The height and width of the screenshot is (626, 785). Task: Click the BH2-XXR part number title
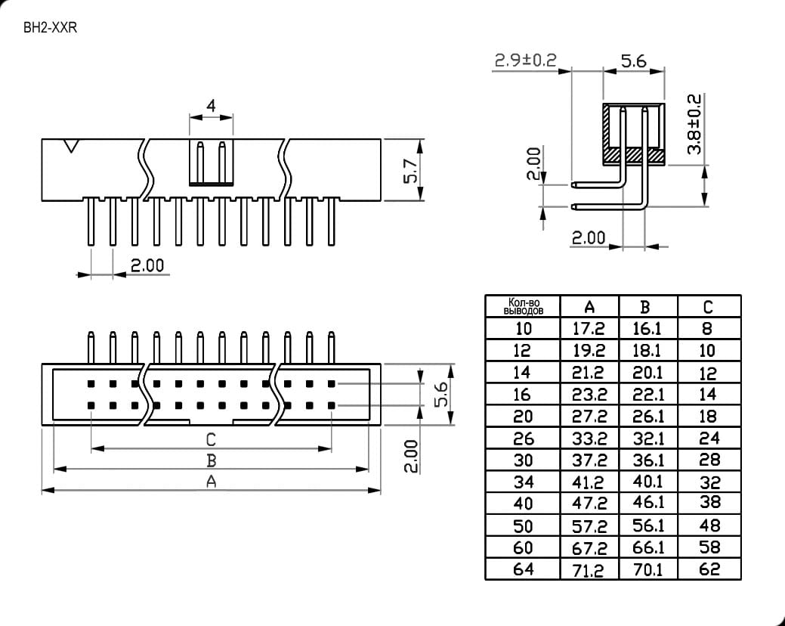(50, 27)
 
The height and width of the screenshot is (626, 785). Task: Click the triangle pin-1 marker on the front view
(71, 146)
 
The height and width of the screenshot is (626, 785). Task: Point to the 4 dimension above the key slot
(212, 106)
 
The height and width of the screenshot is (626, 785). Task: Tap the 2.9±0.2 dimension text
(525, 60)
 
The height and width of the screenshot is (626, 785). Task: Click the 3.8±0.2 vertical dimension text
(694, 124)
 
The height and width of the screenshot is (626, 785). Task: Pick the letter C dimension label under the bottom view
(211, 440)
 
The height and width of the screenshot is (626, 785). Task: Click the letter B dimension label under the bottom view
(212, 460)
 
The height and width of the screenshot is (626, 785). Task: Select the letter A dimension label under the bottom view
(212, 482)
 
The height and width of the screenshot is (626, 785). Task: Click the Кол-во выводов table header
(523, 306)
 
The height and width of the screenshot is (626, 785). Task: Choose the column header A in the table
(589, 307)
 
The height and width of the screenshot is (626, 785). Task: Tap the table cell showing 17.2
(589, 329)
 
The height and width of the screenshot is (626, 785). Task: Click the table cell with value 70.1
(647, 569)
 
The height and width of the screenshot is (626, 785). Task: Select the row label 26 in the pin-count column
(523, 439)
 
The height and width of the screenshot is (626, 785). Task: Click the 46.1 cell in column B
(647, 502)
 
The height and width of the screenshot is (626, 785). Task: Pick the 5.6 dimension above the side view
(634, 61)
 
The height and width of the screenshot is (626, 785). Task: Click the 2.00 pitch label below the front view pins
(147, 265)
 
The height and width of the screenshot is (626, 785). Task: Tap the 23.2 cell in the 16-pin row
(589, 395)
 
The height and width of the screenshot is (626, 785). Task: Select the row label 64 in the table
(523, 569)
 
